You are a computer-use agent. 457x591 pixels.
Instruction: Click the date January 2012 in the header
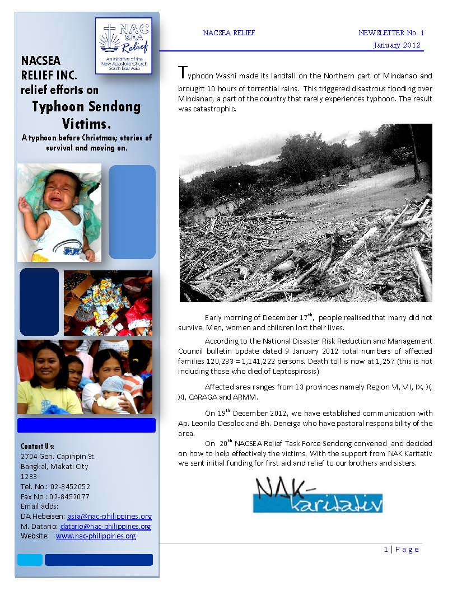(x=397, y=45)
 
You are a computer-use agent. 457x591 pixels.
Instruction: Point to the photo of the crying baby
(x=59, y=213)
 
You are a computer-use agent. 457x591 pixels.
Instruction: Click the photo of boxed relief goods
(x=108, y=303)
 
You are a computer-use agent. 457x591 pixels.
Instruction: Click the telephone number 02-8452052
(x=69, y=487)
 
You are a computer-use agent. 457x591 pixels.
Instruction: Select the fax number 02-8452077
(x=69, y=497)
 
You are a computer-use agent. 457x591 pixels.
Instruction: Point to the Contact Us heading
(x=37, y=447)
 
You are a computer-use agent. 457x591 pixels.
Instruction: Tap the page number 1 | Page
(x=401, y=550)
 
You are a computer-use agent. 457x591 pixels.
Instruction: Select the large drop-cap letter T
(x=182, y=73)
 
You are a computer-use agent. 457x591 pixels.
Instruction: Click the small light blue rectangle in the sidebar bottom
(x=30, y=560)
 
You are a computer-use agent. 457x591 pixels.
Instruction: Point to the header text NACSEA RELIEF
(x=228, y=33)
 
